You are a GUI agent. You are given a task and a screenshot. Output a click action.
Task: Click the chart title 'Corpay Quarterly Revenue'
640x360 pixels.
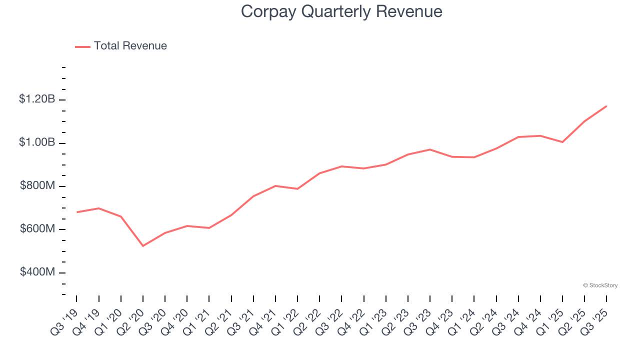coord(341,11)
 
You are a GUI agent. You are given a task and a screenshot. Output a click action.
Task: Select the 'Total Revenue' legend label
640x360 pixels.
coord(130,46)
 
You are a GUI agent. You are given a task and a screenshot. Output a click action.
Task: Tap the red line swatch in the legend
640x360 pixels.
coord(82,46)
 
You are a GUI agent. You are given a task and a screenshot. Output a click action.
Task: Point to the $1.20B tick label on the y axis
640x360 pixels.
coord(37,99)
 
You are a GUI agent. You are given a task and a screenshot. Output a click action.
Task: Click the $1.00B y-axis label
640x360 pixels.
coord(37,142)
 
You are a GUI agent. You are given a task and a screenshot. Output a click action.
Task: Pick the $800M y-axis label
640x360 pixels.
coord(37,186)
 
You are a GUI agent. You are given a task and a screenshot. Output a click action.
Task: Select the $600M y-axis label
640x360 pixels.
coord(37,229)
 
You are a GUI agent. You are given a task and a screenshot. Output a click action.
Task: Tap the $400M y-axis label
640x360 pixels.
coord(37,272)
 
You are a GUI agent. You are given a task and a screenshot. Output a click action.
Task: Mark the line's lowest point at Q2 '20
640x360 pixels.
coord(143,246)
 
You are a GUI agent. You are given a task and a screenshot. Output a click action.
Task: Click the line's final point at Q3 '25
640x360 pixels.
coord(606,106)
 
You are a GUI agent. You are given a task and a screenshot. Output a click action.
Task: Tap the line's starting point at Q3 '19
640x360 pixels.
coord(77,212)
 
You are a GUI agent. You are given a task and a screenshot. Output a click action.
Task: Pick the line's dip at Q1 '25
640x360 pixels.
coord(562,142)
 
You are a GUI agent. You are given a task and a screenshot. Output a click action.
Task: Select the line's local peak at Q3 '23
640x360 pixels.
coord(430,149)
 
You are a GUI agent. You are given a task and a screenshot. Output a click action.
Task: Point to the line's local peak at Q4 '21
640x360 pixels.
coord(275,185)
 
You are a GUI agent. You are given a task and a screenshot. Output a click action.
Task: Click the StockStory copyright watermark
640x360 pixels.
coord(600,285)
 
